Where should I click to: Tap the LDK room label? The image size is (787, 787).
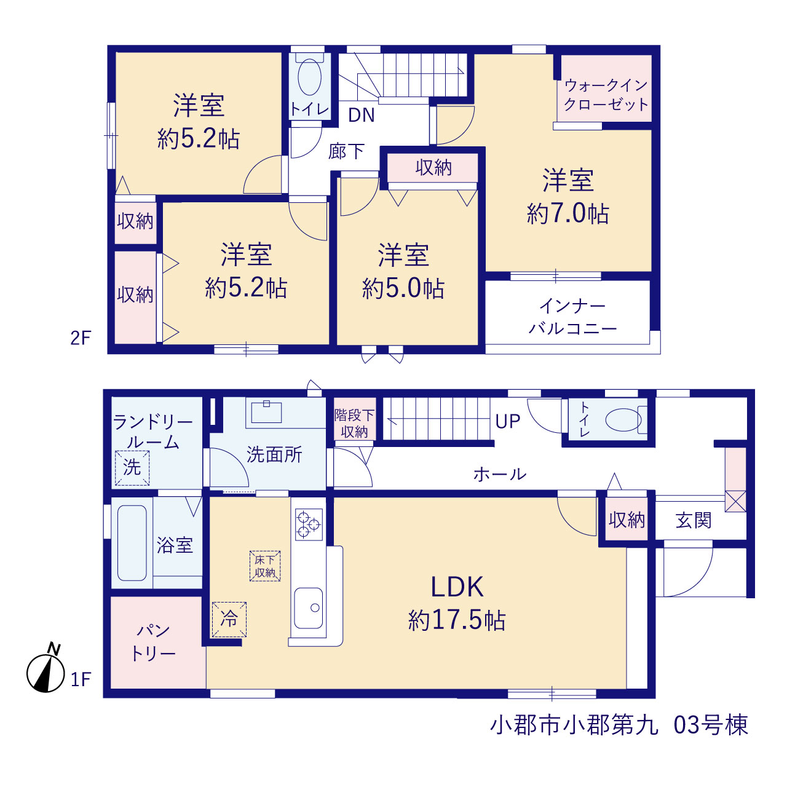coord(457,587)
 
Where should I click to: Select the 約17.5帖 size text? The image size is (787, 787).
coord(457,620)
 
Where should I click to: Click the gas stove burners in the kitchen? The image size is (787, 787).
coord(309,524)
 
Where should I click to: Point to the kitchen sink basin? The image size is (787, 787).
coord(309,608)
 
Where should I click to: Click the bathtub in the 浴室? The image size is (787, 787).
coord(132,543)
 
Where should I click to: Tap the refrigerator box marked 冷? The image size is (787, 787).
coord(229,619)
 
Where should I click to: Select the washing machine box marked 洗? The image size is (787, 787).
coord(132,468)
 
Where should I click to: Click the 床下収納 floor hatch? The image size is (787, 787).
coord(265,566)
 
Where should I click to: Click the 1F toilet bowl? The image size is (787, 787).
coord(623,420)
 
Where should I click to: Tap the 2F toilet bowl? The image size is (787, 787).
coord(309,77)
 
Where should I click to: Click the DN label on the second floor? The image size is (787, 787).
coord(362,116)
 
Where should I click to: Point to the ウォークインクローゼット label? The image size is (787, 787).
coord(606,95)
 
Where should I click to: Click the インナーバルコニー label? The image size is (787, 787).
coord(572,317)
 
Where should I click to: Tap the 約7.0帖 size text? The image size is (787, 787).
coord(568,213)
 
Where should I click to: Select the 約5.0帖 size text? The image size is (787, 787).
coord(403,288)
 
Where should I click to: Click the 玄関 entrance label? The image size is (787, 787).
coord(694,520)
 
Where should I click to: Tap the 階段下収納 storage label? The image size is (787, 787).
coord(355,424)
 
